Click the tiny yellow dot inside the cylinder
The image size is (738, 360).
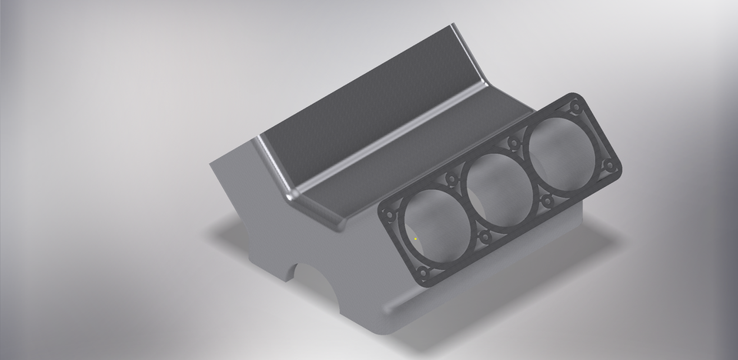pos(415,239)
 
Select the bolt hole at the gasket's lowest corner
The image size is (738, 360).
pos(424,273)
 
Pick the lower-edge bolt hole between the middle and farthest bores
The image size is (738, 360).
pos(547,200)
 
